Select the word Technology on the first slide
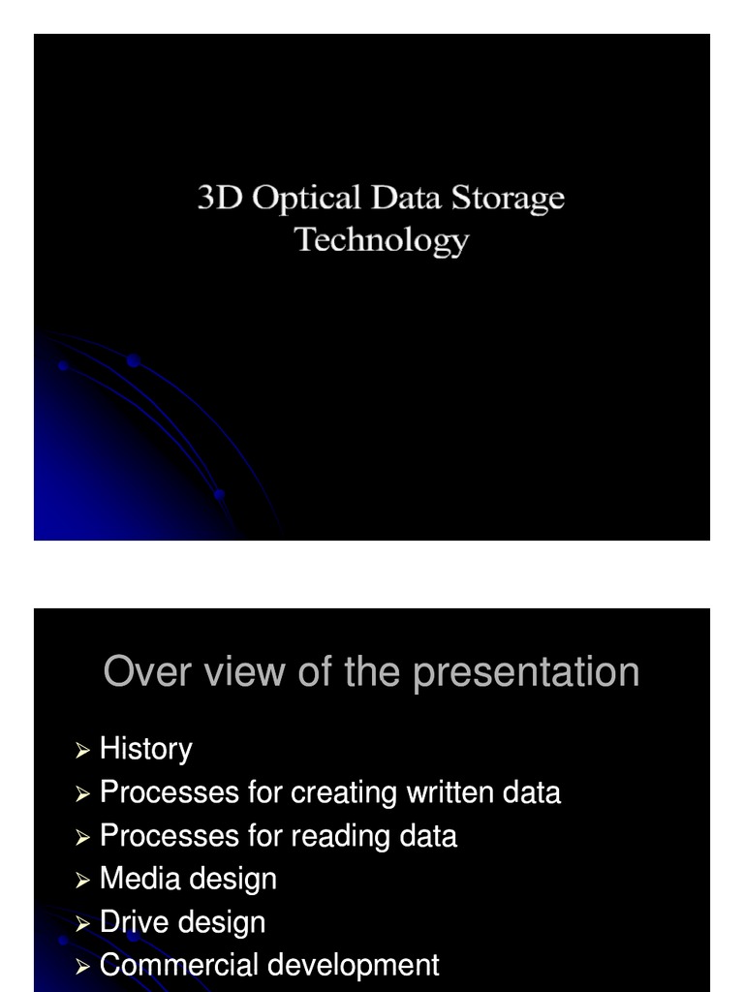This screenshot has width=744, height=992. (x=382, y=240)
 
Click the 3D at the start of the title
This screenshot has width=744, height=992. (x=220, y=198)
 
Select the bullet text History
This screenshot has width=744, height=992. (x=146, y=749)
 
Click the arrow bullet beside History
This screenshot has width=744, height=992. (x=82, y=750)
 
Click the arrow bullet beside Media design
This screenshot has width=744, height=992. (x=82, y=880)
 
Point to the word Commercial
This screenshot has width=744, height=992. (x=179, y=965)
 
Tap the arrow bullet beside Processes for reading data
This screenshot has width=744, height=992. (x=82, y=837)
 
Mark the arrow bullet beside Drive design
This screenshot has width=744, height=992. (x=82, y=923)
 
